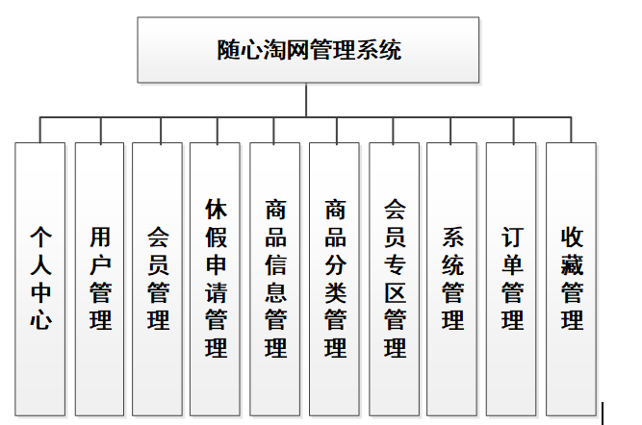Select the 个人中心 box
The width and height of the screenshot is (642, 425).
[x=40, y=279]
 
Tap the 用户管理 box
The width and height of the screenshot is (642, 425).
[x=100, y=279]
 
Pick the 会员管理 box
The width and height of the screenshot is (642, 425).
[x=158, y=279]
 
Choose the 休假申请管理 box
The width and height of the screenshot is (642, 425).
[x=216, y=279]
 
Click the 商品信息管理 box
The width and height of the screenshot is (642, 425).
[x=275, y=279]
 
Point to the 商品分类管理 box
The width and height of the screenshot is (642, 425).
[x=335, y=279]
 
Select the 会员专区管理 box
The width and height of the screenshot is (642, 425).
[x=395, y=279]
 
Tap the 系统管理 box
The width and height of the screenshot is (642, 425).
[x=452, y=279]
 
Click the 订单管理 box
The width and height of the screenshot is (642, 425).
[x=512, y=279]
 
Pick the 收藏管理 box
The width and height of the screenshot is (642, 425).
[x=572, y=279]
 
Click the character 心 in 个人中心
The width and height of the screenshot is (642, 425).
[x=40, y=319]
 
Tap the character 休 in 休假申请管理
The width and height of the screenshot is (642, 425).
[x=216, y=209]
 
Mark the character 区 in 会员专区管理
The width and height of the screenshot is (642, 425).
[x=395, y=291]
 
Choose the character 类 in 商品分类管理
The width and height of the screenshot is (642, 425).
[x=335, y=291]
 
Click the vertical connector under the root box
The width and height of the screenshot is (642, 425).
[x=307, y=100]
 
